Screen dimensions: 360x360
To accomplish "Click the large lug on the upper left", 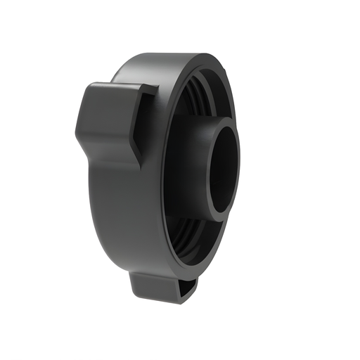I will point(112,120).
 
